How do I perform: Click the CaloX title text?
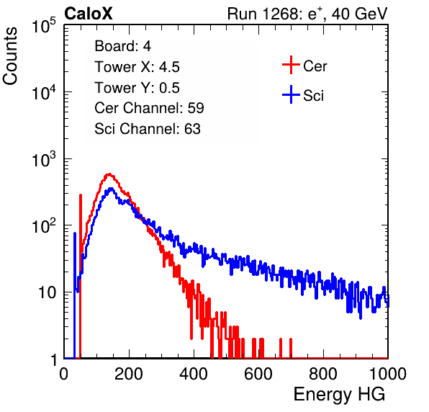[x=89, y=14]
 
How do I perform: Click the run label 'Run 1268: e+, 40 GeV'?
[x=307, y=14]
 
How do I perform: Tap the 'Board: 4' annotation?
[x=122, y=45]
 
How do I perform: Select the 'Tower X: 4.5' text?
[x=137, y=67]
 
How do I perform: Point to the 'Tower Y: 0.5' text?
[x=137, y=88]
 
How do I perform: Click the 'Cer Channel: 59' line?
[x=149, y=108]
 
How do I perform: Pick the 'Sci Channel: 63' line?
[x=148, y=129]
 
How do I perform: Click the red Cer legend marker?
[x=291, y=65]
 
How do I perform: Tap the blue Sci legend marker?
[x=291, y=94]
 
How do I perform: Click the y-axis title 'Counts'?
[x=10, y=56]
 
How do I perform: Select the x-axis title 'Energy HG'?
[x=339, y=395]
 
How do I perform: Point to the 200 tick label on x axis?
[x=129, y=374]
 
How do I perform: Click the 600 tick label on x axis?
[x=258, y=374]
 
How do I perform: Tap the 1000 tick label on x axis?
[x=388, y=374]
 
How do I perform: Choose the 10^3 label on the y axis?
[x=44, y=159]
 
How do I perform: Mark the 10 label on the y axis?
[x=47, y=292]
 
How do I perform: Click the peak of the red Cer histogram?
[x=109, y=174]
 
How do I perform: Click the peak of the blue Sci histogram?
[x=111, y=188]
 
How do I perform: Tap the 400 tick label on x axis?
[x=194, y=374]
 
